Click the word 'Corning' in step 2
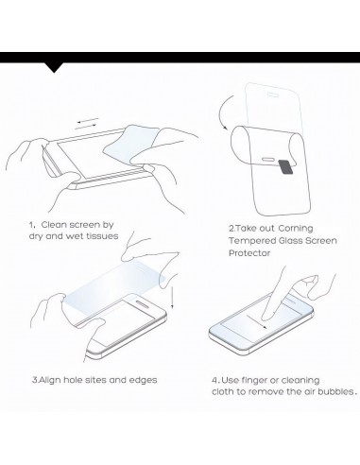pos(296,229)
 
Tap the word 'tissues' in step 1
pos(102,236)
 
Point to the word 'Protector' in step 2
pos(249,253)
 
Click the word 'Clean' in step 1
pos(54,225)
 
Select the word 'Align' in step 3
pos(50,380)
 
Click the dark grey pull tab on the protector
pos(286,166)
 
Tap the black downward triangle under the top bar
pos(54,68)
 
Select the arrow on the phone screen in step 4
pos(257,321)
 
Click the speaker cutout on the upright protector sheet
pos(273,95)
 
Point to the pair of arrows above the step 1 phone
pos(87,124)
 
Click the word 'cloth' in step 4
pos(223,391)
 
